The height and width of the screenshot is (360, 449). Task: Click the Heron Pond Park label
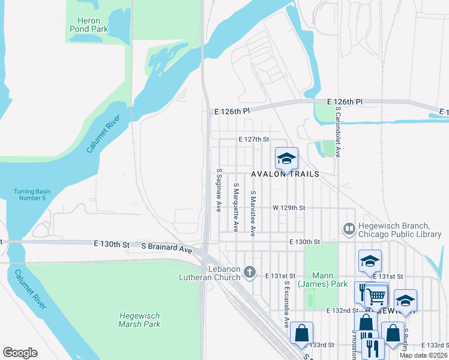(x=88, y=25)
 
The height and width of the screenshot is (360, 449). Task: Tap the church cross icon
(x=251, y=273)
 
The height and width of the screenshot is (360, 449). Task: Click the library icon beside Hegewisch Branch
(x=349, y=229)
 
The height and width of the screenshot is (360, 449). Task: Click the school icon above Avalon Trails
(x=286, y=158)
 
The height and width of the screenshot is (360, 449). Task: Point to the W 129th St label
(x=289, y=208)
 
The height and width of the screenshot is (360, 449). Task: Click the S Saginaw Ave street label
(x=219, y=189)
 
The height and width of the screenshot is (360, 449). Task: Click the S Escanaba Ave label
(x=287, y=305)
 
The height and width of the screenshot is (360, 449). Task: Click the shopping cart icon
(x=376, y=295)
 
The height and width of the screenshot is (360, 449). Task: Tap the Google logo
(x=20, y=353)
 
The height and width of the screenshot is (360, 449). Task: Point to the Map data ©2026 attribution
(x=423, y=355)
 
